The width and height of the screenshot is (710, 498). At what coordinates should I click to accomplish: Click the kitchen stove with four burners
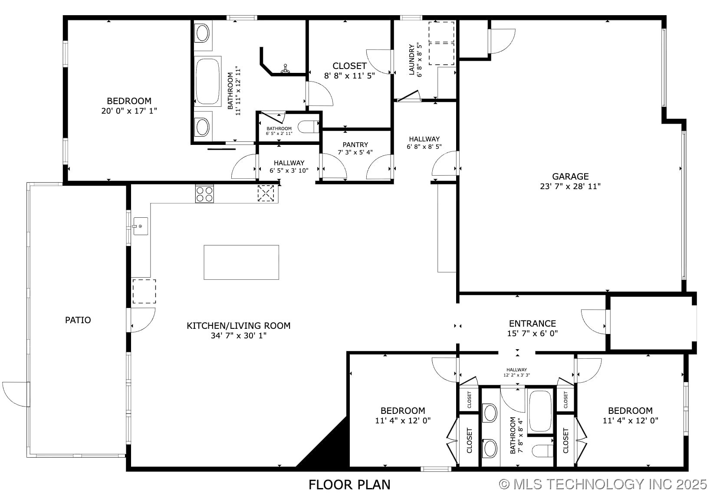coord(204,194)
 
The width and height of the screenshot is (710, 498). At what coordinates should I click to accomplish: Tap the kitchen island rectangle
coord(241,262)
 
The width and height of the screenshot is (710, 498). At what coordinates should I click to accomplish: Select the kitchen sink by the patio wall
coord(141,226)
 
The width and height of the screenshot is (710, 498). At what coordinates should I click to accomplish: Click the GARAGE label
coord(570,177)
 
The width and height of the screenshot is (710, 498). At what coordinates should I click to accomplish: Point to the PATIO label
coord(78,320)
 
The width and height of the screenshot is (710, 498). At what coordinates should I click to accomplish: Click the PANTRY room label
coord(355,145)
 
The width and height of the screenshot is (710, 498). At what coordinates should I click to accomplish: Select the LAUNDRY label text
coord(412,59)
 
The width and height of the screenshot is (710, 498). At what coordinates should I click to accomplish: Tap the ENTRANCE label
coord(532,324)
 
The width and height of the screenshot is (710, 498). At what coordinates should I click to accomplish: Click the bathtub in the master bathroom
coord(207,81)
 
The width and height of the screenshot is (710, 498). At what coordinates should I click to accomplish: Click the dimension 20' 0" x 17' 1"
coord(129,111)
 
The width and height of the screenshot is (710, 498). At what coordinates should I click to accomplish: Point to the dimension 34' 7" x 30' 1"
coord(239,335)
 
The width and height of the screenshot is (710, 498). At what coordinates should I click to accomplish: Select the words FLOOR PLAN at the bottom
coord(349,485)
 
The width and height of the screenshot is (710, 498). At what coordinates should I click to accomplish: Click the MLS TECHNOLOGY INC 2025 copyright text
coord(603,485)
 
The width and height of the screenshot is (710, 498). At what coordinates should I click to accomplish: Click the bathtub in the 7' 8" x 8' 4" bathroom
coord(540,411)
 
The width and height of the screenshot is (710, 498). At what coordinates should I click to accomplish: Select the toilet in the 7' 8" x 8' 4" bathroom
coord(542,451)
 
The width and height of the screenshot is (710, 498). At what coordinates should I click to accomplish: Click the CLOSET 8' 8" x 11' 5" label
coord(349,71)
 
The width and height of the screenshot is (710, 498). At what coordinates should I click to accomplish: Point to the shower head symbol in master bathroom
coord(285,69)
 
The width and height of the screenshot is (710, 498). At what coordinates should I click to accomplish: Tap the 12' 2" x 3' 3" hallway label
coord(516,375)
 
